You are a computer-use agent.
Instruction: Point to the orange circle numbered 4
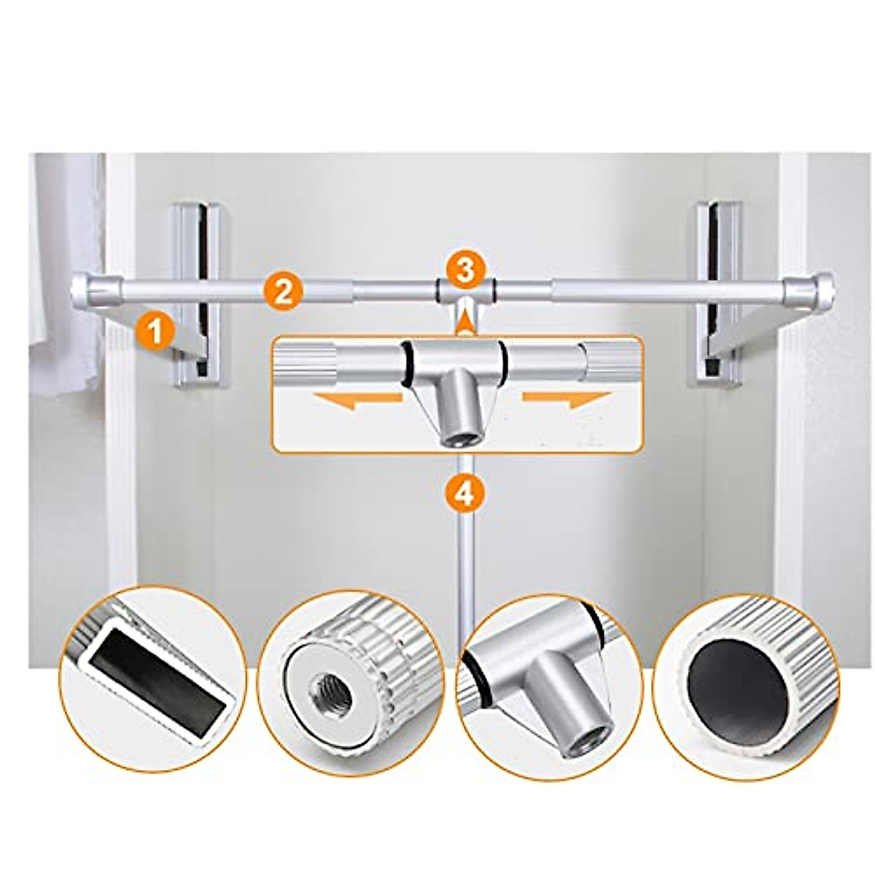pos(464,494)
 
